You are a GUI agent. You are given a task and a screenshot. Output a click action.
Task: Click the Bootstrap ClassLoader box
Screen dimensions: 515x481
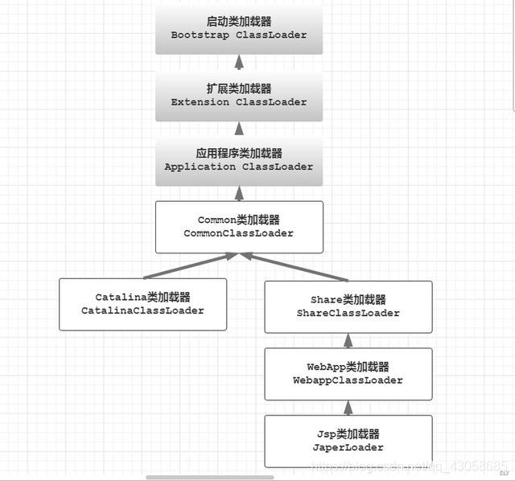coord(238,29)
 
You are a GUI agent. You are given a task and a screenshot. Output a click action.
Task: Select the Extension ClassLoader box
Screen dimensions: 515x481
coord(238,96)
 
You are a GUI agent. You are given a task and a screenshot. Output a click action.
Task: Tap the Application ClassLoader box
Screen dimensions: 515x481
coord(238,160)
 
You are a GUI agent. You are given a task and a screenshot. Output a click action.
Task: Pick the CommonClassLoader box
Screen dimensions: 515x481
coord(239,227)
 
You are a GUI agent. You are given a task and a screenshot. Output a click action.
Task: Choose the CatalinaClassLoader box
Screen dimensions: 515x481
coord(142,304)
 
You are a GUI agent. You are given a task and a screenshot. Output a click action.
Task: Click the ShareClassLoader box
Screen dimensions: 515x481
coord(348,306)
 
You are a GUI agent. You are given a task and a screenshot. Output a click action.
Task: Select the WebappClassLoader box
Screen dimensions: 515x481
coord(348,373)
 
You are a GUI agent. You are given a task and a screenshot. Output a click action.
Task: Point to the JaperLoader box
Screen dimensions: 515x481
coord(348,441)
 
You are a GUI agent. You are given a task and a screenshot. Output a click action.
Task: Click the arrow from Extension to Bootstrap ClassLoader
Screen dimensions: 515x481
coord(238,63)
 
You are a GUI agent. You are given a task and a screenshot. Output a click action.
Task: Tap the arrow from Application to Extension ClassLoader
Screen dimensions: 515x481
coord(238,128)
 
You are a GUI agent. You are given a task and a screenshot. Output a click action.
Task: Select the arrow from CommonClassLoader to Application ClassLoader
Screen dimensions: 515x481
coord(238,193)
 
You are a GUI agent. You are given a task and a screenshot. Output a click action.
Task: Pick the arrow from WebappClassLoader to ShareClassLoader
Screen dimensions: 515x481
coord(348,340)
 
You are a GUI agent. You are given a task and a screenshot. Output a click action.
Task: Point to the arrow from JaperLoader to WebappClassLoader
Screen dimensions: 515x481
coord(348,407)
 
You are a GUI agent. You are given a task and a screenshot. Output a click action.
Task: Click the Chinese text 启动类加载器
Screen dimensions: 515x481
coord(238,22)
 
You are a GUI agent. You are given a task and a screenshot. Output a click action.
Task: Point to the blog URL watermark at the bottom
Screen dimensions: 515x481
coord(410,466)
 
